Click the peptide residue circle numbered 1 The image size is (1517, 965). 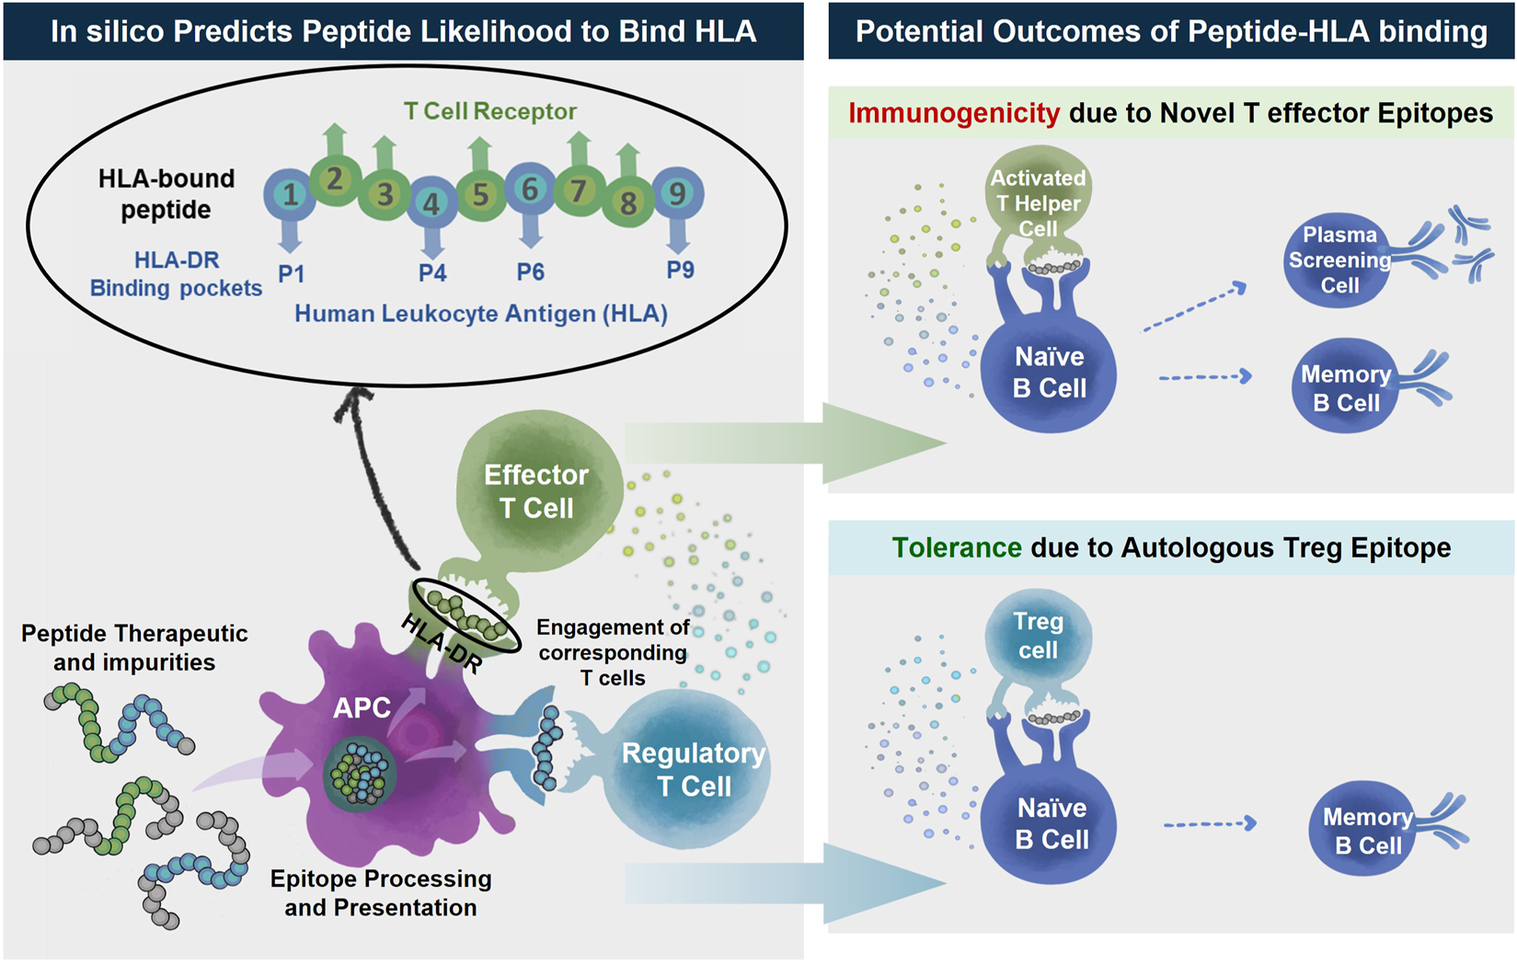point(290,194)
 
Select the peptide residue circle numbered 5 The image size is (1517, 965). point(481,195)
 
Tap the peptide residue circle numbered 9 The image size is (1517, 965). point(678,194)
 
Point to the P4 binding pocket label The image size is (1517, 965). point(432,273)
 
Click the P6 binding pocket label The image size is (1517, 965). point(530,272)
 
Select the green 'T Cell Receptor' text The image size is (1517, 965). point(489,111)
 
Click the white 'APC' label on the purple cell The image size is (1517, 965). point(362,707)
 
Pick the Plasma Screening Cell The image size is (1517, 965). point(1338,260)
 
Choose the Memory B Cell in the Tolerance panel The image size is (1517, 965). point(1365,829)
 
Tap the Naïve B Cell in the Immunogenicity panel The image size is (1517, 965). point(1049,373)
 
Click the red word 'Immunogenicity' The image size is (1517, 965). point(954,113)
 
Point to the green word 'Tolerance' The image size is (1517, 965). point(956,547)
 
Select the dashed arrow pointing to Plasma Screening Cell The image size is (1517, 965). point(1195,308)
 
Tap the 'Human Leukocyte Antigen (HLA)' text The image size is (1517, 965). point(481,314)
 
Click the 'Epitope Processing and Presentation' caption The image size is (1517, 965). point(381,892)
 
